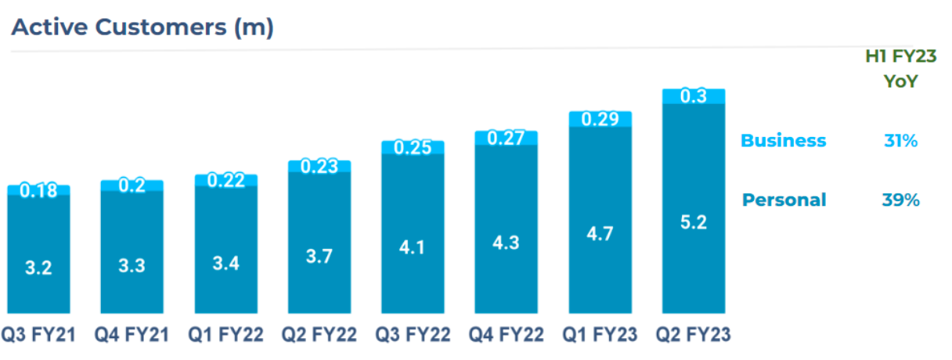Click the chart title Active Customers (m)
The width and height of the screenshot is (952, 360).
[x=142, y=27]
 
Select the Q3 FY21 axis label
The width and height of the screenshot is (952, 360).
[x=38, y=336]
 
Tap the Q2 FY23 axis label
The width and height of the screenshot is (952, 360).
[x=694, y=336]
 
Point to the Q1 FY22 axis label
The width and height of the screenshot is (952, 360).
[x=226, y=336]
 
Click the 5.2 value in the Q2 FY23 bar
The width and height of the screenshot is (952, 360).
[x=694, y=222]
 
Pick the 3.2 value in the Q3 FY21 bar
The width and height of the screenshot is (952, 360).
[x=38, y=268]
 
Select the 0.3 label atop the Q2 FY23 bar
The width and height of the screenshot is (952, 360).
[x=694, y=96]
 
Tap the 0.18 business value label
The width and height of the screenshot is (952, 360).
[x=38, y=190]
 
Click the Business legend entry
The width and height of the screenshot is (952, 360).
[x=783, y=141]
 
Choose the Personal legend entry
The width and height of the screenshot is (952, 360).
[x=784, y=200]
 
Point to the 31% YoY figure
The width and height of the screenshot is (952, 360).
[x=900, y=141]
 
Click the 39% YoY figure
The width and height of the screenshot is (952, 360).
[x=900, y=200]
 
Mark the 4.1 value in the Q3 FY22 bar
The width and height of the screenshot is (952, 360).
[x=413, y=248]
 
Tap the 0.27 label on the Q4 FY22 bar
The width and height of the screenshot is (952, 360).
[x=507, y=138]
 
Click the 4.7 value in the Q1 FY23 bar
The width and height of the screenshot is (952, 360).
[x=600, y=235]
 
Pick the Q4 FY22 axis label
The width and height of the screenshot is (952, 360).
[x=507, y=336]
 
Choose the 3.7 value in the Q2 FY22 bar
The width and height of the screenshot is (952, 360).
[x=319, y=256]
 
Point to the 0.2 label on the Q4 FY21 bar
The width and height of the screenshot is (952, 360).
[x=132, y=185]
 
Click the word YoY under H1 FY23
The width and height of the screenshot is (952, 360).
[x=900, y=81]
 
